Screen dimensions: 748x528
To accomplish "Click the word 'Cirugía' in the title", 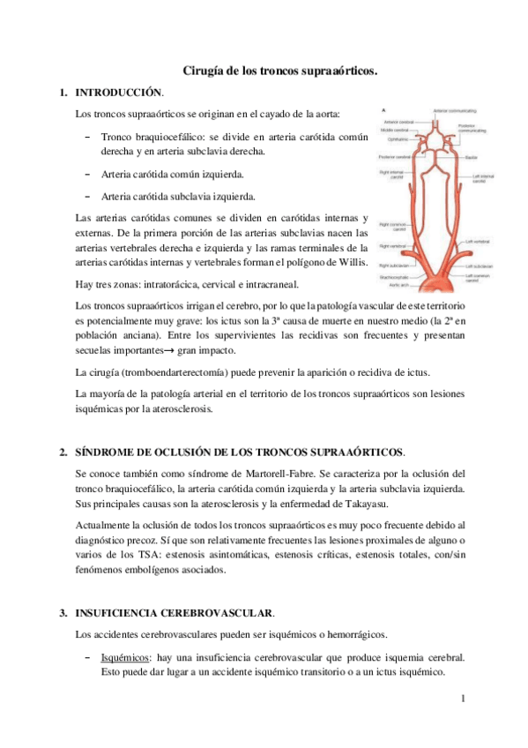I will (x=204, y=70).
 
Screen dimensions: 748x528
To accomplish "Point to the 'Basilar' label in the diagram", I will (x=472, y=157).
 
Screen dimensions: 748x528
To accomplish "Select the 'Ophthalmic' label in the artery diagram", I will (x=395, y=138).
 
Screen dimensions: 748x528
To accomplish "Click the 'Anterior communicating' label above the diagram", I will (x=454, y=110).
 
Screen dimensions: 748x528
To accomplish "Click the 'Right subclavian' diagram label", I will (x=392, y=265).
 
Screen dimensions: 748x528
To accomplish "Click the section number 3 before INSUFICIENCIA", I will (x=63, y=612).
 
